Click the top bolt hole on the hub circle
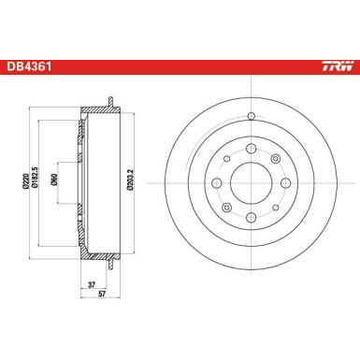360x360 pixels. pos(251,150)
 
